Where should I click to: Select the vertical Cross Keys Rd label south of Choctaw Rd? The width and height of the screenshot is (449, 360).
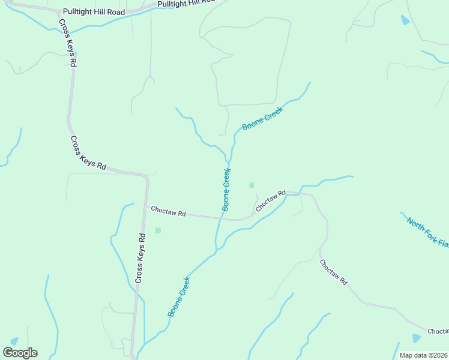click(140, 258)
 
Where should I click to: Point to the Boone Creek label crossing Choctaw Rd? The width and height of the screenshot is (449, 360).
click(226, 189)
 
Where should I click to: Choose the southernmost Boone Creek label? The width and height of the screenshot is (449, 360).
click(179, 296)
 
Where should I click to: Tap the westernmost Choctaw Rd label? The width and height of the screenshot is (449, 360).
click(168, 212)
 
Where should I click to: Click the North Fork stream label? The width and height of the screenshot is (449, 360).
click(427, 232)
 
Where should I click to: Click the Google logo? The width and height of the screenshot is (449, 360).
click(20, 353)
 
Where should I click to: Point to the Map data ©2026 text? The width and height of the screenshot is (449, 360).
click(423, 355)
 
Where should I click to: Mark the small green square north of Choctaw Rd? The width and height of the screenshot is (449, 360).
click(252, 185)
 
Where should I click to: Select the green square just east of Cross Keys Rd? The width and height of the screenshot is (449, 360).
click(158, 230)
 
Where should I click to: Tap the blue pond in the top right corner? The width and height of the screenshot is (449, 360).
click(405, 20)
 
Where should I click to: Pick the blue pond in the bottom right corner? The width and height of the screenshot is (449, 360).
click(416, 338)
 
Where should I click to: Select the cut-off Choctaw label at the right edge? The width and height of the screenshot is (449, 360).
click(438, 331)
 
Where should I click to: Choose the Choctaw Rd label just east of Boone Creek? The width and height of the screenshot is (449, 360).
click(270, 200)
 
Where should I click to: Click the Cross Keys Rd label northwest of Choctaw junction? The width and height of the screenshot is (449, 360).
click(88, 154)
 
